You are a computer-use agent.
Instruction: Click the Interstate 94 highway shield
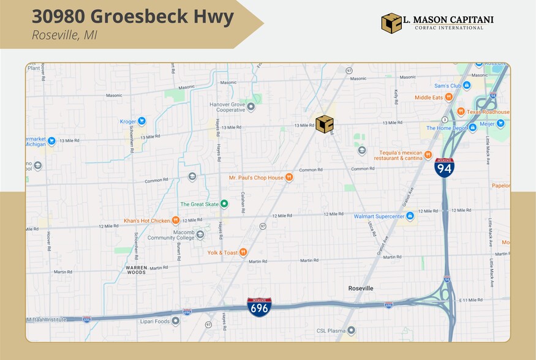444,168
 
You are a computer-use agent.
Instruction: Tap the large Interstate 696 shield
259,307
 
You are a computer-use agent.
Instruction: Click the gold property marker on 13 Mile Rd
325,124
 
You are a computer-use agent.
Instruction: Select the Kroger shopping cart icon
142,121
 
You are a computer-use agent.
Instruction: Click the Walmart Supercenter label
379,216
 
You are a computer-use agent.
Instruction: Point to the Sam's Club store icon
466,86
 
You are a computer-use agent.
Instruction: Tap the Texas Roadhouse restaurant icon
460,112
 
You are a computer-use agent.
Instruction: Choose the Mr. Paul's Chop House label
256,178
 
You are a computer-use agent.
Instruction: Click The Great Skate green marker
224,204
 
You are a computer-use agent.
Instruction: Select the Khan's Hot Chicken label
146,220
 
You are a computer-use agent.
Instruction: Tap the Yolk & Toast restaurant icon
243,252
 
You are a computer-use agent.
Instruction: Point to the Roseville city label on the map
360,288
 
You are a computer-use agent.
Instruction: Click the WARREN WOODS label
135,269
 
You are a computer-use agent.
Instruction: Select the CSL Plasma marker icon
352,331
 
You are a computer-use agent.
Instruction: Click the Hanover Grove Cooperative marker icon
250,107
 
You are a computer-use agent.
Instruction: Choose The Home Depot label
447,128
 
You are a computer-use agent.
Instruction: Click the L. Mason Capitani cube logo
391,23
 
